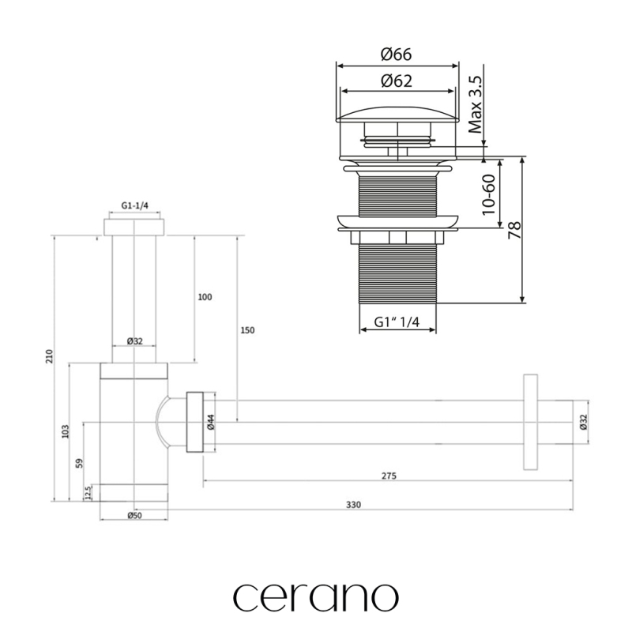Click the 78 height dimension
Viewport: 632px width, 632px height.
click(x=515, y=230)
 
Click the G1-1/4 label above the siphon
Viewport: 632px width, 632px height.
click(x=134, y=205)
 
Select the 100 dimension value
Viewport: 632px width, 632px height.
click(x=205, y=297)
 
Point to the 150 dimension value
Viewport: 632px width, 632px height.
click(x=247, y=330)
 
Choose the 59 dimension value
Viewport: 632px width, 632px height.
click(x=79, y=463)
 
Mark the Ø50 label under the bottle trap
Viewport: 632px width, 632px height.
click(x=134, y=516)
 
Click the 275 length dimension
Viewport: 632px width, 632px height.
click(x=387, y=476)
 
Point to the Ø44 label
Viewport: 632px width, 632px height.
click(x=211, y=422)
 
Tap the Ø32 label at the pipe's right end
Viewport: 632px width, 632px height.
click(x=583, y=421)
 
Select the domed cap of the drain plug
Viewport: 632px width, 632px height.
click(x=398, y=111)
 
